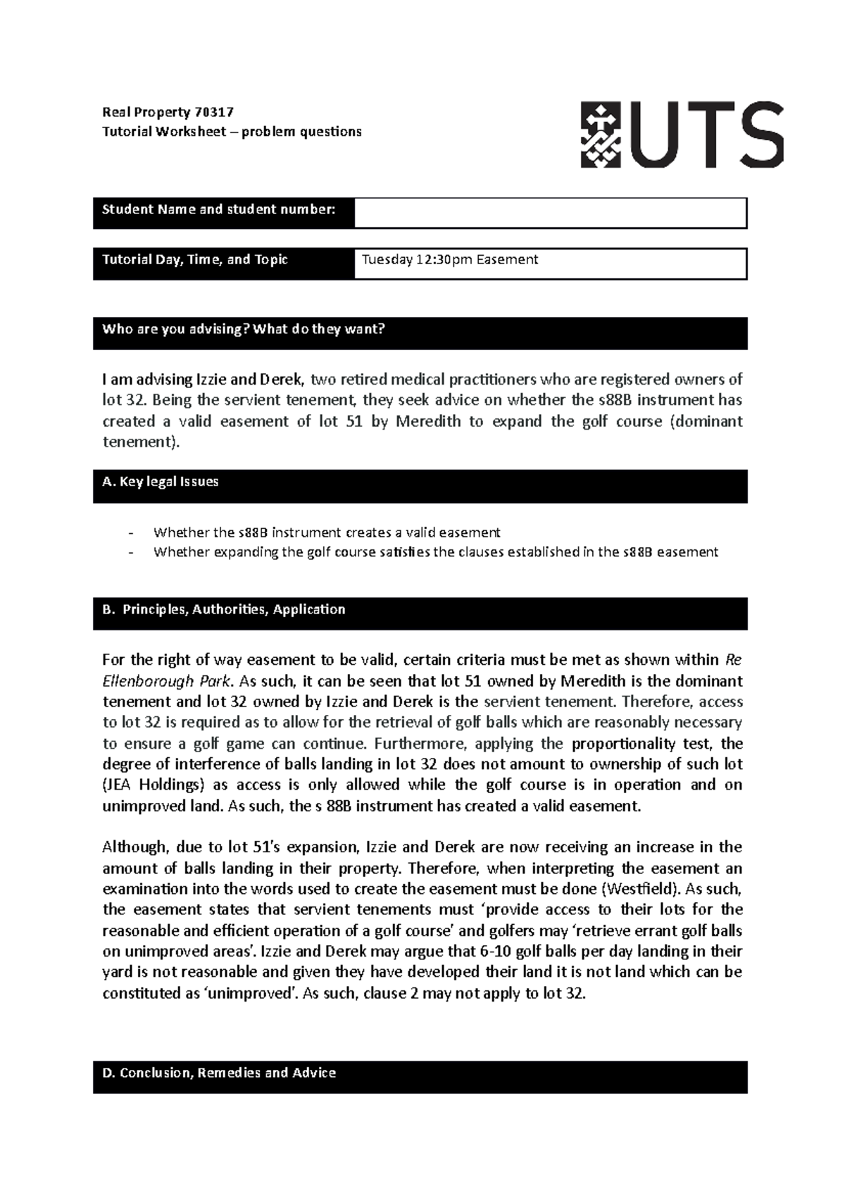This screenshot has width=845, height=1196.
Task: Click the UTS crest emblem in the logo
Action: [601, 134]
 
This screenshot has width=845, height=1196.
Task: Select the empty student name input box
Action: [549, 213]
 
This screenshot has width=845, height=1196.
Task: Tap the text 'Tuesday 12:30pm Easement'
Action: [449, 260]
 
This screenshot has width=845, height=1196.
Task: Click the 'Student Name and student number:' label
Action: [218, 209]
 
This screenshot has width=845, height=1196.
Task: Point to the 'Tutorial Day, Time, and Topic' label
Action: [195, 260]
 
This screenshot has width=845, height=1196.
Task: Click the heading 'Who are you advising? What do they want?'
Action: [244, 329]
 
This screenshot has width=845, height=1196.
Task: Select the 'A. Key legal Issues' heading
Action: [161, 482]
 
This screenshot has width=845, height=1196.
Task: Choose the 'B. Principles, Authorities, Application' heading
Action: [224, 609]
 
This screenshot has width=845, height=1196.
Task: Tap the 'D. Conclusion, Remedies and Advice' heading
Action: [219, 1073]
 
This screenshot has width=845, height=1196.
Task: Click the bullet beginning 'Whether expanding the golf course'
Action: [435, 552]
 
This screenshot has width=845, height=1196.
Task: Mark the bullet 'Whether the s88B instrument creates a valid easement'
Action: [326, 532]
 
